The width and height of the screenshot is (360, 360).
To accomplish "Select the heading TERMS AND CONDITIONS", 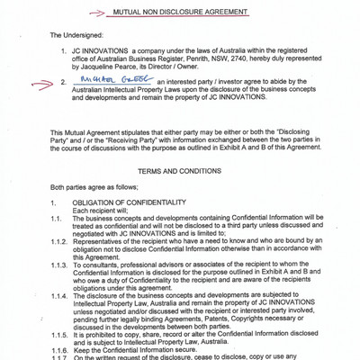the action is click(x=180, y=195).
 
